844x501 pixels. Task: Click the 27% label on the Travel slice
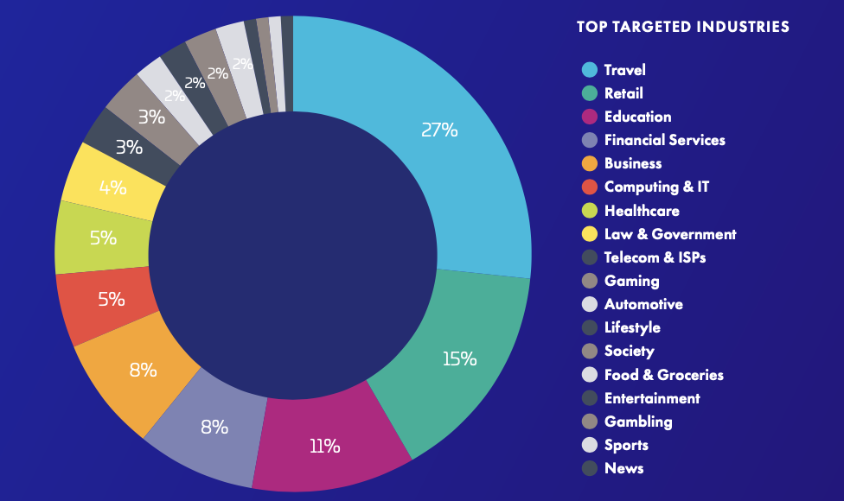(x=439, y=130)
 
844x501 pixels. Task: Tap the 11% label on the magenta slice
(x=325, y=446)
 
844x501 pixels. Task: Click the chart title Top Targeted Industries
(x=682, y=27)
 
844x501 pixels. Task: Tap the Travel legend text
(x=624, y=70)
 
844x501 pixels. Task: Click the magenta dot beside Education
(x=590, y=117)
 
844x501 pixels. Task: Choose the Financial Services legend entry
(x=664, y=140)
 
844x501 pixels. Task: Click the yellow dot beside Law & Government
(x=590, y=234)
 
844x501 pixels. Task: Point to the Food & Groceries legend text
(x=663, y=375)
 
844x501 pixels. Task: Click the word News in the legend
(x=623, y=468)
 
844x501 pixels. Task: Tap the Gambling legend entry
(x=638, y=422)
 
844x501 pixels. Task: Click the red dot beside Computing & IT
(x=590, y=187)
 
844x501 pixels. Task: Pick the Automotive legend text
(x=643, y=304)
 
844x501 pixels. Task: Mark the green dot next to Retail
(x=590, y=93)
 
